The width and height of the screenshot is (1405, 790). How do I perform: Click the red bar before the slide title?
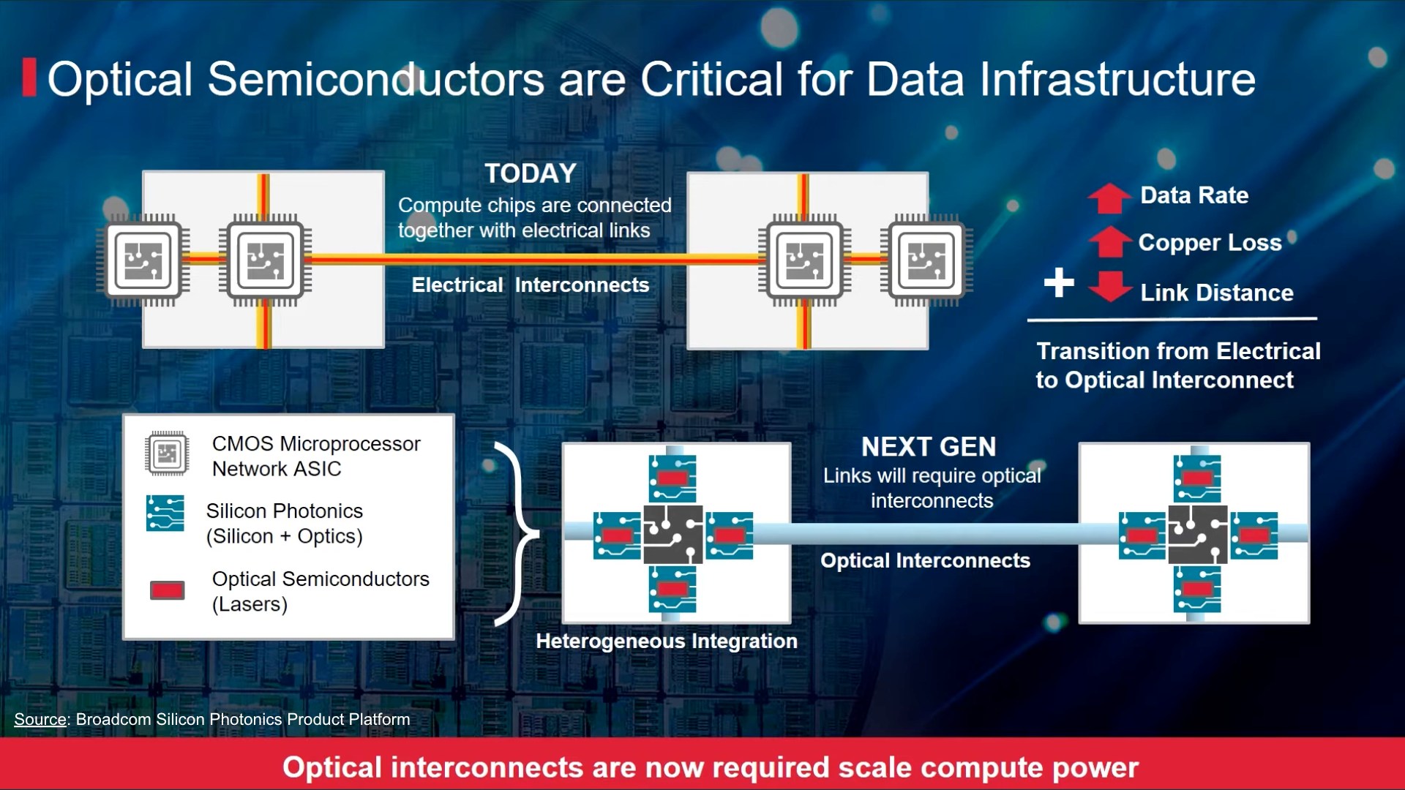coord(29,78)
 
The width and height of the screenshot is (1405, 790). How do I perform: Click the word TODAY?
coord(531,174)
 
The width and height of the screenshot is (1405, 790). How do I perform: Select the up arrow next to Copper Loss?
coord(1110,242)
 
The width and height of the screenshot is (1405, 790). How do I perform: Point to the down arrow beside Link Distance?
coord(1110,286)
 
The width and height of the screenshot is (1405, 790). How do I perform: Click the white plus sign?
coord(1059,282)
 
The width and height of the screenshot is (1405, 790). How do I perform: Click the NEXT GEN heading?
coord(929,447)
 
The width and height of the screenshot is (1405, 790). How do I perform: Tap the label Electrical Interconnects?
coord(531,285)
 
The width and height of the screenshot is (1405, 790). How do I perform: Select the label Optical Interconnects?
coord(925,561)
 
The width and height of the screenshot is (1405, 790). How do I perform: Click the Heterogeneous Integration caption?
coord(666,642)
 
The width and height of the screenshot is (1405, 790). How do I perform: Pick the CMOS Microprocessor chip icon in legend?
coord(167,454)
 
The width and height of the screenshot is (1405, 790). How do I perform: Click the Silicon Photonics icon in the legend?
coord(165,513)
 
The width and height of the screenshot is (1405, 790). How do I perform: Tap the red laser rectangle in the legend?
coord(167,590)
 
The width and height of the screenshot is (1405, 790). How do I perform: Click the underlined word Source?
coord(40,720)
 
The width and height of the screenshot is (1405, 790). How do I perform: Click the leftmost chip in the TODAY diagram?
coord(143,260)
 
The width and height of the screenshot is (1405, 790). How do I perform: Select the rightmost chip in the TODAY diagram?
coord(926,260)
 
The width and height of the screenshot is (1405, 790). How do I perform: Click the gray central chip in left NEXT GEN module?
coord(672,534)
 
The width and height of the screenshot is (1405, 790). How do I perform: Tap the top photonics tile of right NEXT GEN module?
coord(1197,478)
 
